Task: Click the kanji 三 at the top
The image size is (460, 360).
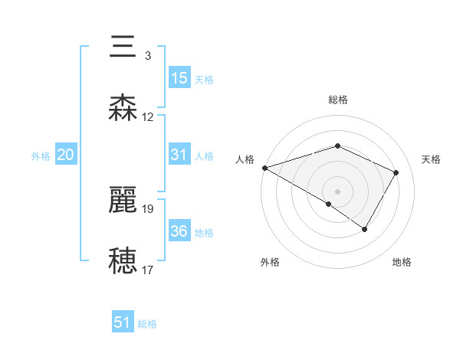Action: tap(123, 47)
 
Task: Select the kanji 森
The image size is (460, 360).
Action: tap(123, 108)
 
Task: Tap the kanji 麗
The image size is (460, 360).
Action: tap(123, 200)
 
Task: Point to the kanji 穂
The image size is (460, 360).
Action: tap(123, 261)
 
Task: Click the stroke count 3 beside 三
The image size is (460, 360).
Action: tap(147, 55)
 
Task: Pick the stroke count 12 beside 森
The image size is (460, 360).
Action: tap(148, 117)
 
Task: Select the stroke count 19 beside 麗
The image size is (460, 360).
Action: tap(148, 208)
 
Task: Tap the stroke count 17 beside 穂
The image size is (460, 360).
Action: tap(148, 270)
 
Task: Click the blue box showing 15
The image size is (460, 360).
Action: tap(179, 78)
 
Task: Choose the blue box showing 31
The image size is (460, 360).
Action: tap(179, 155)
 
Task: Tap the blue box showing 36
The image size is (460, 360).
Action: tap(179, 231)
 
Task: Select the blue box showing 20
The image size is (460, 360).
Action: tap(66, 155)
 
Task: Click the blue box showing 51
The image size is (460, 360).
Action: tap(123, 322)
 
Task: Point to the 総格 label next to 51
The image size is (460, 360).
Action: tap(147, 324)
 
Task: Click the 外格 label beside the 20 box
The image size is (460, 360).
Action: tap(41, 156)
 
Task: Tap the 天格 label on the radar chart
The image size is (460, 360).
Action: tap(432, 159)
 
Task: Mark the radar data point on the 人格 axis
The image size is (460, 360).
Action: tap(264, 168)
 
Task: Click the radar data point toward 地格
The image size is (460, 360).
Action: tap(365, 229)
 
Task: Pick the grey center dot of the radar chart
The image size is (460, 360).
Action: tap(337, 191)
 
